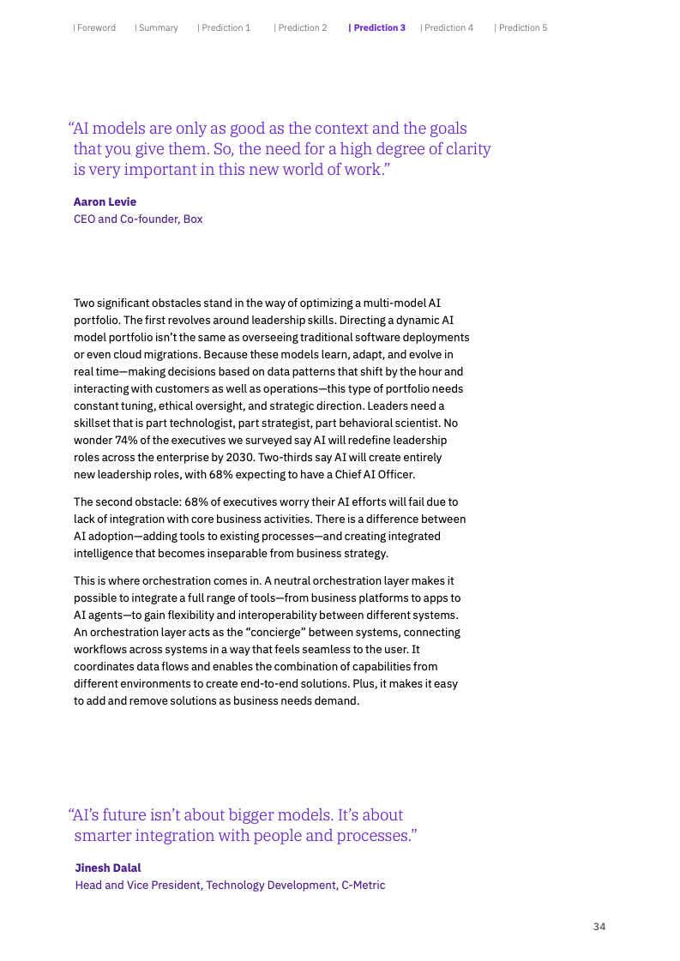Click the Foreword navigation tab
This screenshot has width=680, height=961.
point(95,27)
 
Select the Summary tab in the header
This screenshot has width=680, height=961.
point(158,27)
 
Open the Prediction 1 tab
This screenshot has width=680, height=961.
point(226,27)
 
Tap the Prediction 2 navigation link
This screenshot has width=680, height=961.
point(302,27)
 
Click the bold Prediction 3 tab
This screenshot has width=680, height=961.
point(378,27)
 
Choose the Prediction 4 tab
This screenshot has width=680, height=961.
point(448,27)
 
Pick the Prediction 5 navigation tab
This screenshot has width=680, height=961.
point(522,27)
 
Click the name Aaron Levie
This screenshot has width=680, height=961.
point(105,202)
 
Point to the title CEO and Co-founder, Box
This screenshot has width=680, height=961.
point(138,219)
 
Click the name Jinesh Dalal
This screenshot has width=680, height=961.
point(107,868)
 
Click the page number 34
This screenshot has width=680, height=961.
point(599,927)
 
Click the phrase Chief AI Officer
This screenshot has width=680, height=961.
point(375,474)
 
